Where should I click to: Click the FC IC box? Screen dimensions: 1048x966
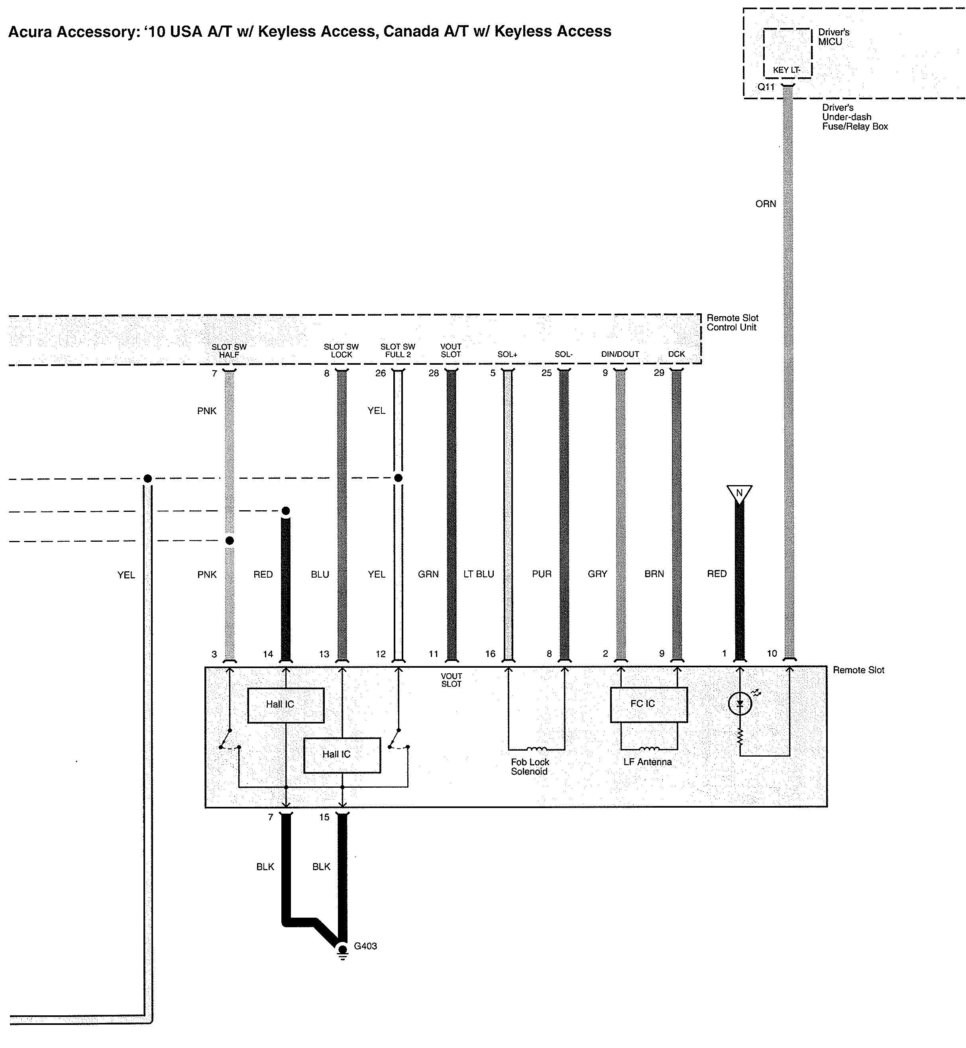coord(649,704)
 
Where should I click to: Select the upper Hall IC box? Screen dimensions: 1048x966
coord(285,705)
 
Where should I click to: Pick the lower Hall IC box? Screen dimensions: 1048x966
coord(342,755)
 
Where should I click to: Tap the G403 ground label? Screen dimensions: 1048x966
coord(365,946)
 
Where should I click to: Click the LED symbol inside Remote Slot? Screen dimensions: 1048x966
coord(740,704)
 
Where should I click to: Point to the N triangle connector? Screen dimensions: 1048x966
coord(739,494)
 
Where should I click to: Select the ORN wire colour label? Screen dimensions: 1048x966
coord(766,204)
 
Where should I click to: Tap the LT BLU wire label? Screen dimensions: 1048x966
coord(479,574)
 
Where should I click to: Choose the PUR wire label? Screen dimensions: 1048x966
coord(542,574)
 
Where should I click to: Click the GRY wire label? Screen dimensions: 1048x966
coord(597,574)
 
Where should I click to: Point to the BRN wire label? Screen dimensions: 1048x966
coord(654,574)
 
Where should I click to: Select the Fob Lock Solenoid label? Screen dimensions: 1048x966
coord(530,767)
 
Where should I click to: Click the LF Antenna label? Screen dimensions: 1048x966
coord(647,762)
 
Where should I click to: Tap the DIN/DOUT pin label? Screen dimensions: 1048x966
coord(620,354)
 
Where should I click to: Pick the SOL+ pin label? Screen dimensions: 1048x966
coord(507,354)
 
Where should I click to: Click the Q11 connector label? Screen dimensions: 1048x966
coord(766,87)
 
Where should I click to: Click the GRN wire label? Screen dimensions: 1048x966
coord(428,574)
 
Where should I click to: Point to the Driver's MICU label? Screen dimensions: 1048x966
coord(834,37)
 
